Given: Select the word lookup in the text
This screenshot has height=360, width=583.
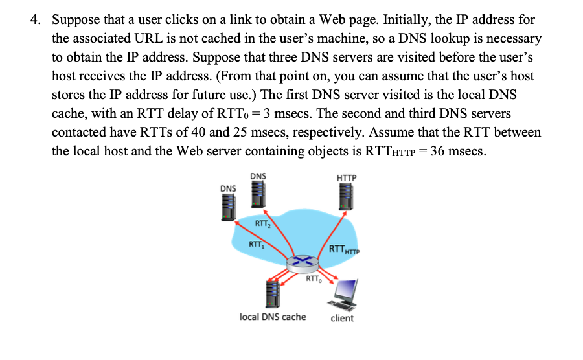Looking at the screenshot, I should tap(393, 39).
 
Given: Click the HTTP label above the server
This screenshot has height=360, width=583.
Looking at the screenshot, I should tap(347, 177).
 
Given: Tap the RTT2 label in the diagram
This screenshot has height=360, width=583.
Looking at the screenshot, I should tap(262, 224).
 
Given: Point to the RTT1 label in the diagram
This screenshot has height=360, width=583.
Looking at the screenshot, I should tap(257, 245).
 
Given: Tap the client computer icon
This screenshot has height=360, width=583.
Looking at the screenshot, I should tap(344, 295).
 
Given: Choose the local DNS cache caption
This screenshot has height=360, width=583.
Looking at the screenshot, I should tap(273, 317).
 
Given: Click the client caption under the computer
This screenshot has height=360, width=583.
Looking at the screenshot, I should tap(342, 318).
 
